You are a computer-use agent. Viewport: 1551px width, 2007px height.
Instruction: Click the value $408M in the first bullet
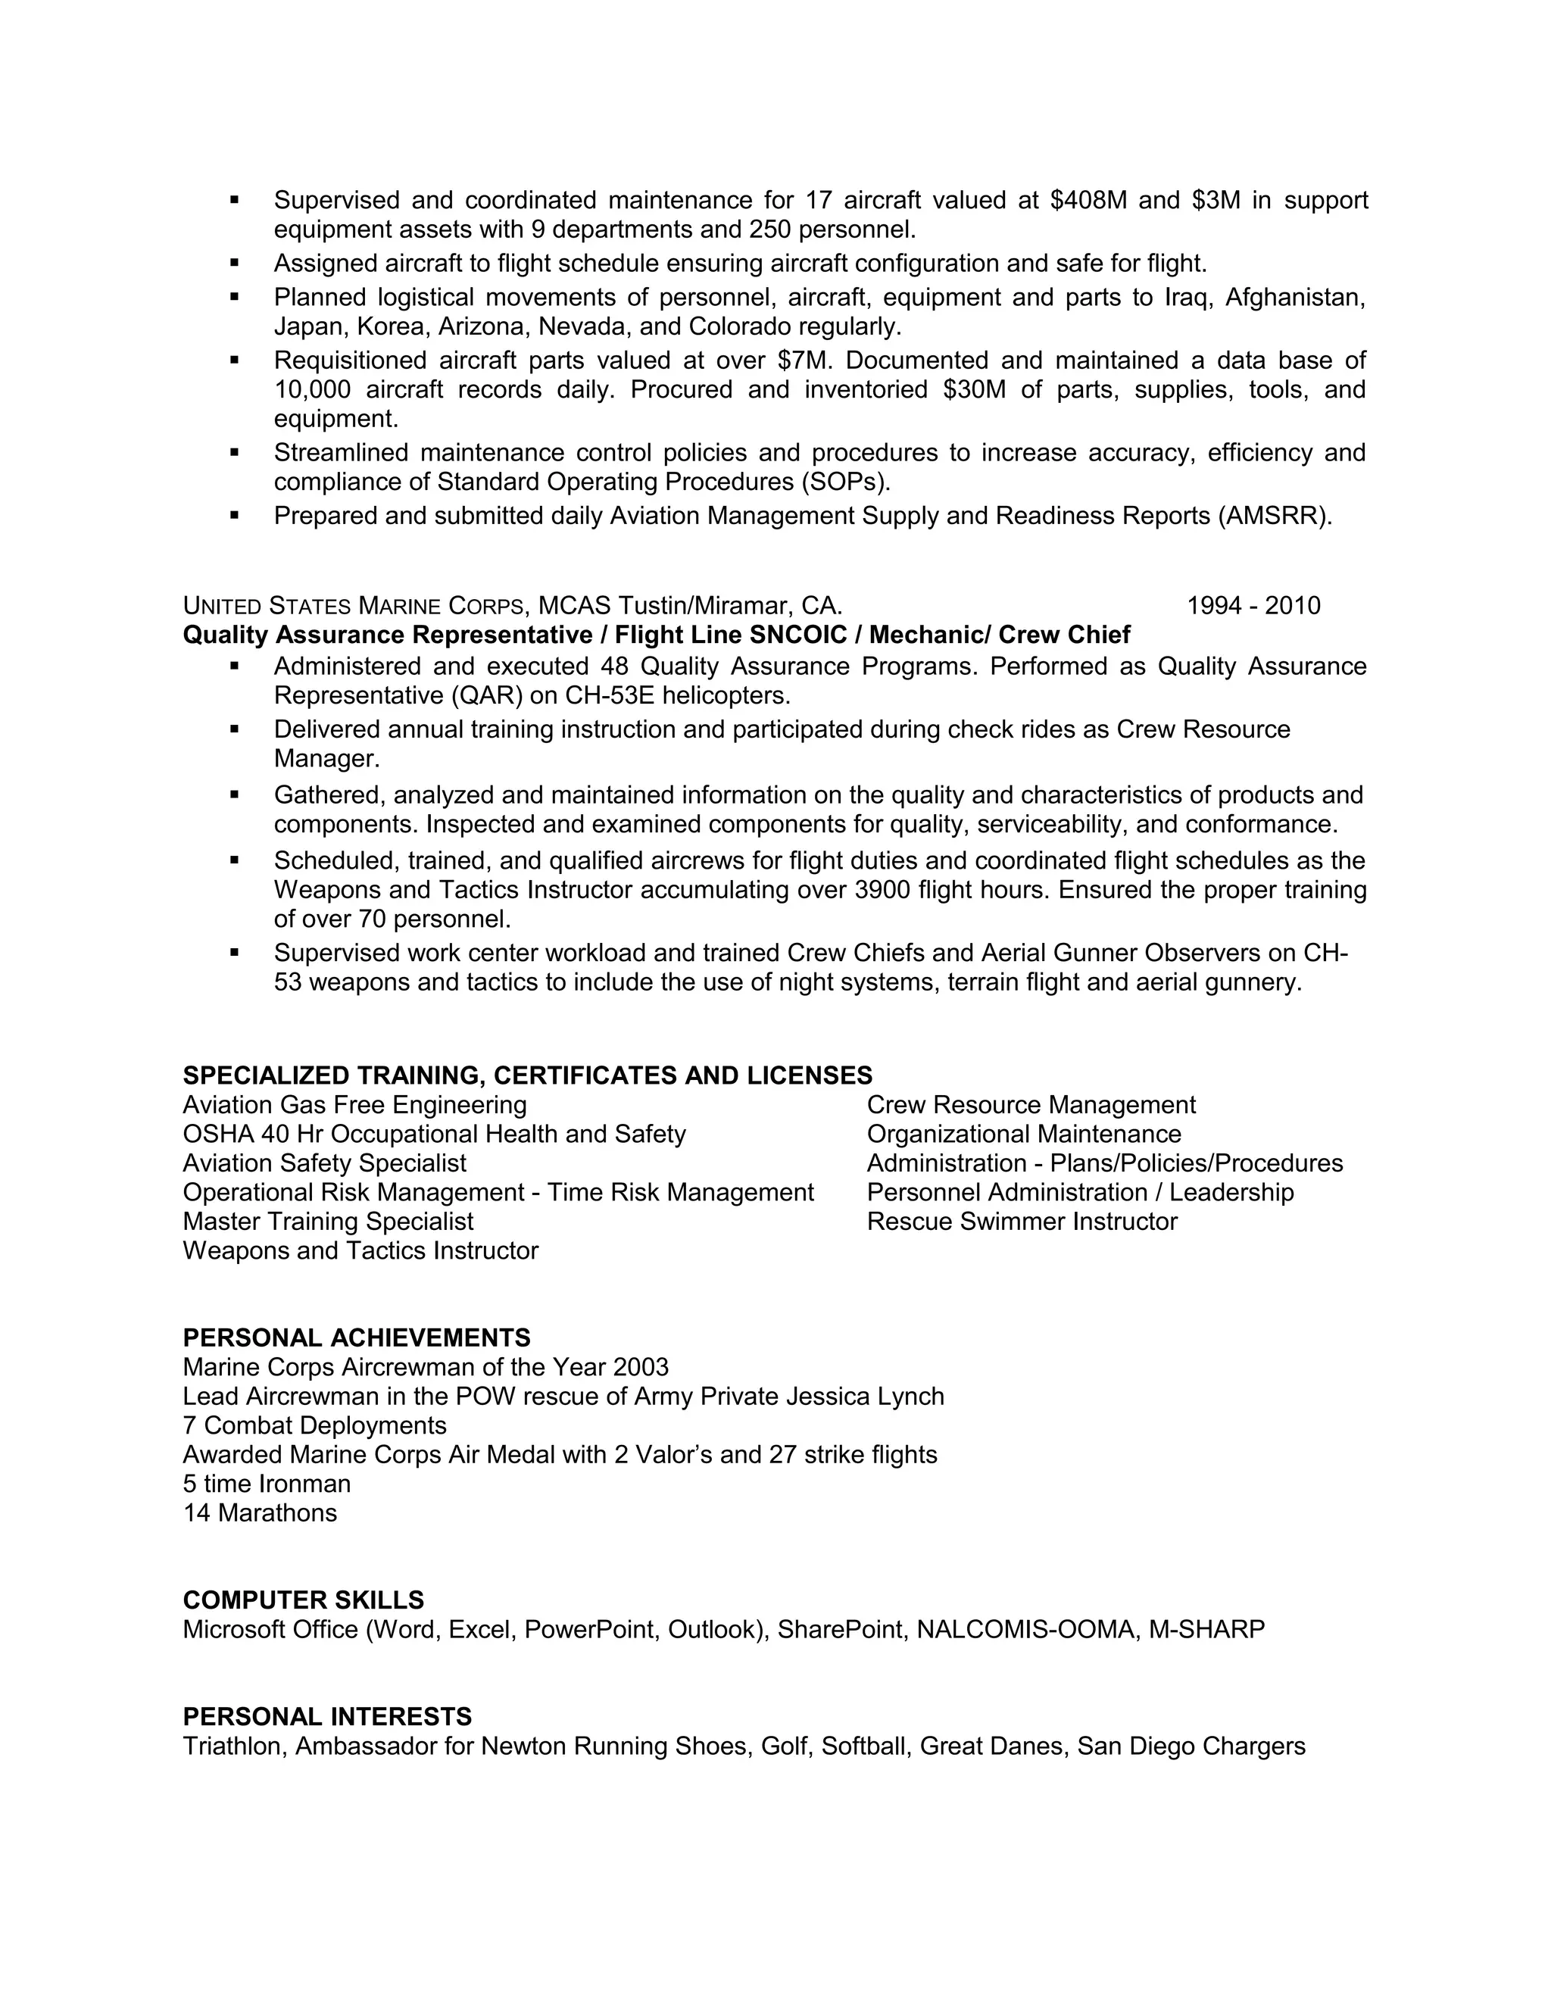pyautogui.click(x=1088, y=201)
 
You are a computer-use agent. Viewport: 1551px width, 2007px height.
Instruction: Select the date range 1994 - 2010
pyautogui.click(x=1253, y=606)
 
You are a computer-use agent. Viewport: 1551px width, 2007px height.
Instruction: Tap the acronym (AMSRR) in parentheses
pyautogui.click(x=1275, y=517)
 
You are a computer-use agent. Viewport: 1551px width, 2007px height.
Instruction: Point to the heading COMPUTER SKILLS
pyautogui.click(x=303, y=1600)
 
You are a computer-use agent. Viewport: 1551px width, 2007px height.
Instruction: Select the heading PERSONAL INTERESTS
pyautogui.click(x=327, y=1717)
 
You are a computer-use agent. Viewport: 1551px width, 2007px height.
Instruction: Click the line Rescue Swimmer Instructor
pyautogui.click(x=1022, y=1222)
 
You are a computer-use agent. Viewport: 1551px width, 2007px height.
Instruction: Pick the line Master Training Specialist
pyautogui.click(x=328, y=1222)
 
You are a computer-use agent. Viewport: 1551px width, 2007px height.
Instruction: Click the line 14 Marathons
pyautogui.click(x=260, y=1512)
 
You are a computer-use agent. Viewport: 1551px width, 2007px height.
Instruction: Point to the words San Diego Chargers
pyautogui.click(x=1191, y=1746)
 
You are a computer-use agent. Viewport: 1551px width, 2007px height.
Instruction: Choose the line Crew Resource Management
pyautogui.click(x=1031, y=1104)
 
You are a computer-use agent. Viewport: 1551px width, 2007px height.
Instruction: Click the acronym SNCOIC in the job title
pyautogui.click(x=805, y=635)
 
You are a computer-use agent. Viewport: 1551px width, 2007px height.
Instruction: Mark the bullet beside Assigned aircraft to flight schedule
pyautogui.click(x=234, y=263)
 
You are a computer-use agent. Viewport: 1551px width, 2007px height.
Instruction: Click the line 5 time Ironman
pyautogui.click(x=267, y=1483)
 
